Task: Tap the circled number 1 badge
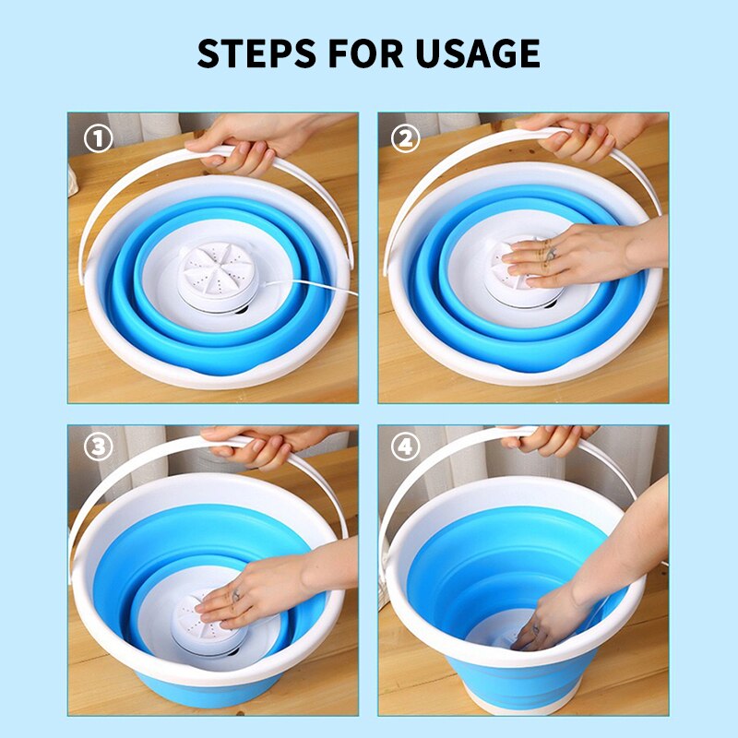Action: click(x=99, y=139)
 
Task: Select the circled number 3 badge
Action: click(x=99, y=447)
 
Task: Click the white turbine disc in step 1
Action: click(x=219, y=268)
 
